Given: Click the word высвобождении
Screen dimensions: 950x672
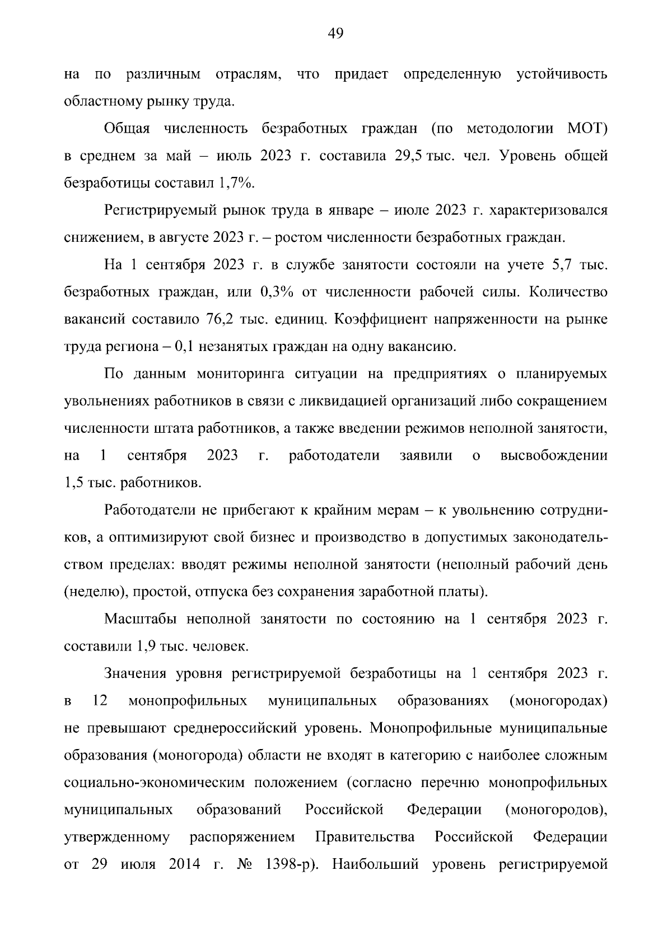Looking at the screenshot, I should click(553, 456).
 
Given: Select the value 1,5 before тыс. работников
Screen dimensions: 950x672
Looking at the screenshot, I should click(74, 483).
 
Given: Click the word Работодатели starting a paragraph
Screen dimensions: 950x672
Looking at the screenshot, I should click(150, 511).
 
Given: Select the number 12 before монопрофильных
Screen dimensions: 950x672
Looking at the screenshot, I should click(99, 701).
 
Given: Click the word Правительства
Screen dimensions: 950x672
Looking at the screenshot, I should click(365, 837).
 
